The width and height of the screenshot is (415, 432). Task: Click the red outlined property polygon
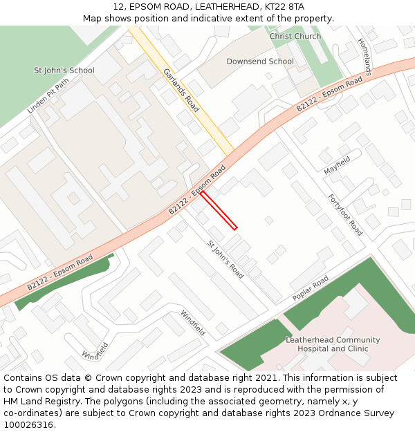[x=219, y=209]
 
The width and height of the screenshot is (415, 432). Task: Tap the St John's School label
[x=64, y=71]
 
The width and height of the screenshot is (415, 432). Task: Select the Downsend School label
[x=260, y=62]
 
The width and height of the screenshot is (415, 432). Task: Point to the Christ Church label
[x=295, y=36]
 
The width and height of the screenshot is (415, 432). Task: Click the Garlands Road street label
[x=181, y=90]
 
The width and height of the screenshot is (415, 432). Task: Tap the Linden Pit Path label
[x=48, y=95]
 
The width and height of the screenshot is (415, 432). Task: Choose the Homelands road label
[x=365, y=56]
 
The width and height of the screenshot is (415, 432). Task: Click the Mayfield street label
[x=338, y=165]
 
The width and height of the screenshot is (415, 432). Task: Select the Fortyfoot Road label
[x=345, y=215]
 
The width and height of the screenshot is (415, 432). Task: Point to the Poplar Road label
[x=311, y=288]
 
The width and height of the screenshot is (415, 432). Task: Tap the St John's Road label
[x=225, y=260]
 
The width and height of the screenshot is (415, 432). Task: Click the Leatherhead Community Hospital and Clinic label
[x=333, y=344]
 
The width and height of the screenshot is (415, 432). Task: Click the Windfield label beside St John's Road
[x=193, y=323]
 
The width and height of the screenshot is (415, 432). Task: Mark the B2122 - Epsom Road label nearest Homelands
[x=329, y=95]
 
